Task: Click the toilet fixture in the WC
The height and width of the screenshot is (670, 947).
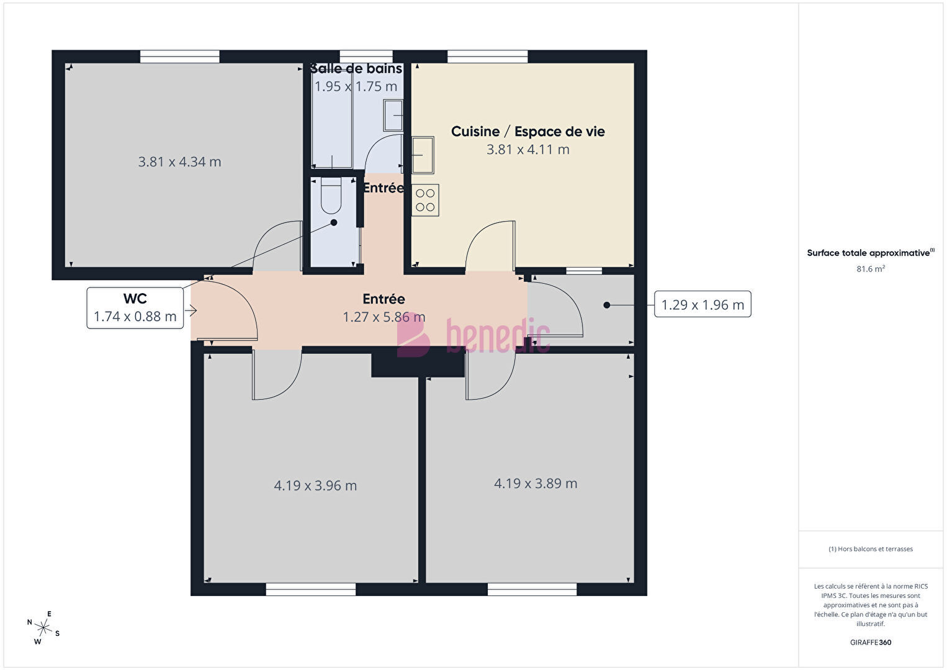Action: [x=331, y=196]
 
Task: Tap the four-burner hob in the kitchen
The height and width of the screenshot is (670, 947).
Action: [x=425, y=200]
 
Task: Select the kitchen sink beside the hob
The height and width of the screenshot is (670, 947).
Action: [x=423, y=155]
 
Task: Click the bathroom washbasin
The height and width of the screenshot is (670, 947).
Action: [x=393, y=115]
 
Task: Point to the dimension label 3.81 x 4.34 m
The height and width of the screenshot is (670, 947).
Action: [x=180, y=161]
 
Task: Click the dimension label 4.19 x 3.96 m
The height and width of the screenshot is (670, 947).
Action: [x=315, y=485]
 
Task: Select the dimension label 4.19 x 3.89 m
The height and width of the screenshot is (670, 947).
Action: [x=536, y=483]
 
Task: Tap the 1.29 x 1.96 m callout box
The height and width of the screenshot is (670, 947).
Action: [x=702, y=304]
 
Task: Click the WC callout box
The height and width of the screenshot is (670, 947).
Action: [x=135, y=308]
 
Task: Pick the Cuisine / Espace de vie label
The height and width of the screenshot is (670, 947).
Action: [x=528, y=132]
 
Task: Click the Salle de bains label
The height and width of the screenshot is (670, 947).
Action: [x=356, y=68]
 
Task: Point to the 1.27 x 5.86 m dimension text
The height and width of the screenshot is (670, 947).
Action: [x=384, y=317]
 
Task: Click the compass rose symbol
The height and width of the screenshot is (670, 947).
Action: [x=43, y=628]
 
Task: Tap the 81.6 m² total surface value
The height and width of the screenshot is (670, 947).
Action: [x=871, y=269]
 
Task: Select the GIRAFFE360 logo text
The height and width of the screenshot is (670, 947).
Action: [x=871, y=642]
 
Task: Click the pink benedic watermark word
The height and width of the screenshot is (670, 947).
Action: [x=498, y=337]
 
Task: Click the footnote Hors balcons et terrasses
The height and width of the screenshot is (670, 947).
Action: [x=871, y=549]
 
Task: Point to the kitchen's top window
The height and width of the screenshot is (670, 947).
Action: [x=487, y=57]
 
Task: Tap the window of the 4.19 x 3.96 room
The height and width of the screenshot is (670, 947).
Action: [x=311, y=589]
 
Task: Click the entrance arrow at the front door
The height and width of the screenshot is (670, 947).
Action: [x=191, y=311]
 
